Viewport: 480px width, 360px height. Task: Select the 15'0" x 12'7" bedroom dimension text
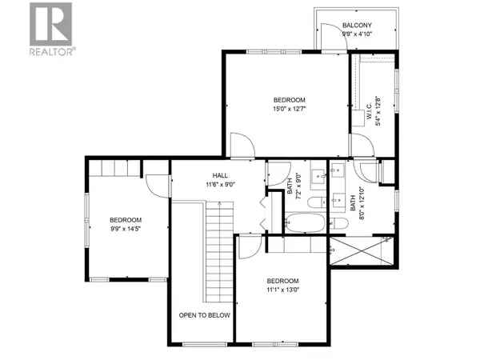click(289, 110)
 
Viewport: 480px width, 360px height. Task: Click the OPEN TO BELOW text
click(204, 315)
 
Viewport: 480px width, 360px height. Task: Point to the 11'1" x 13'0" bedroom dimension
click(282, 290)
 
